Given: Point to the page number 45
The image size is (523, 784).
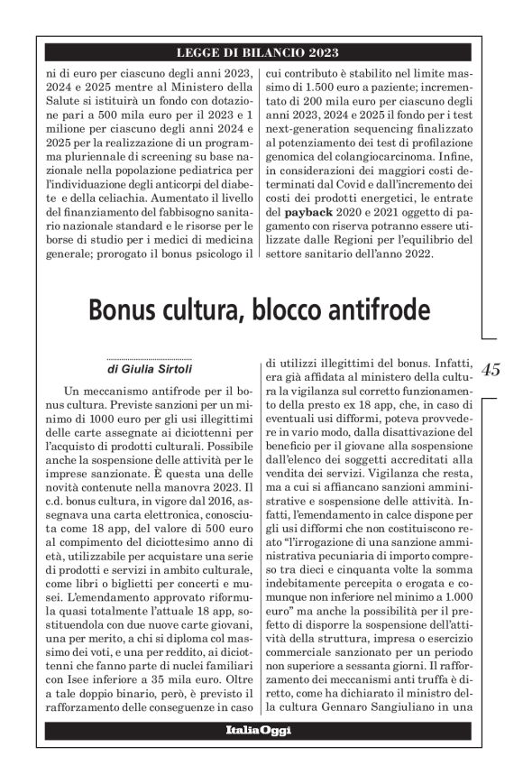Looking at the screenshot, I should point(493,369).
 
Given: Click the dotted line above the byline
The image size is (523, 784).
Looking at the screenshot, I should point(149,358).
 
